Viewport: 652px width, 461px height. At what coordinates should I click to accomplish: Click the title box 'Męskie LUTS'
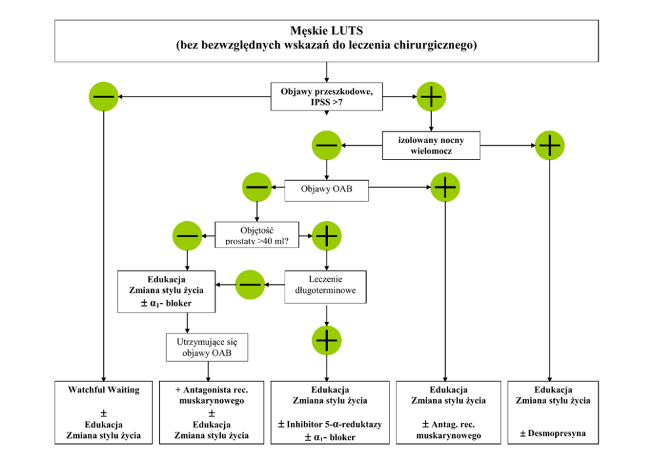(x=326, y=40)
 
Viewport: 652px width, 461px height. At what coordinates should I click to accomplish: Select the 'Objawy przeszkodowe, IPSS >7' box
(x=327, y=97)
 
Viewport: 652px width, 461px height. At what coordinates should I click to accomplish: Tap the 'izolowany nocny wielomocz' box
(x=431, y=145)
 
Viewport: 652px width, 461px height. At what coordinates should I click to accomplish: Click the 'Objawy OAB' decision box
(x=326, y=190)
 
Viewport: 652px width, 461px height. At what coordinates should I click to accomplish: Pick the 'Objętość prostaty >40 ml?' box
(x=257, y=234)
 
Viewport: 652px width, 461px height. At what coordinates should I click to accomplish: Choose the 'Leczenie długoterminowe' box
(x=325, y=287)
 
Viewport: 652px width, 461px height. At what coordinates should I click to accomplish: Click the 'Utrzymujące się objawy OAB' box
(x=208, y=348)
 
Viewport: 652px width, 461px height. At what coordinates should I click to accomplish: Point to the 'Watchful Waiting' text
(x=104, y=390)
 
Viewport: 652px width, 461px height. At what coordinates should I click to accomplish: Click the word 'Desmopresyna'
(x=553, y=433)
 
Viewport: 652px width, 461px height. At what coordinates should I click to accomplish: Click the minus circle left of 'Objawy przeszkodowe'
(x=104, y=97)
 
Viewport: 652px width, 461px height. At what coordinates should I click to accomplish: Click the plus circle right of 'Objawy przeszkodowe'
(x=431, y=97)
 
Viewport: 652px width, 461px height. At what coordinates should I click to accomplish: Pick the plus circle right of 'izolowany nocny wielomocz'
(x=549, y=145)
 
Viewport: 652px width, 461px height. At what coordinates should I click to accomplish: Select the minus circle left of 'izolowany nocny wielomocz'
(x=327, y=145)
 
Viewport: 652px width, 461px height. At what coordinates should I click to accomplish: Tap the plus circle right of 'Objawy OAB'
(x=445, y=188)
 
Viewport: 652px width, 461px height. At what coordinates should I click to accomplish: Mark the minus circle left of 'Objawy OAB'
(x=257, y=188)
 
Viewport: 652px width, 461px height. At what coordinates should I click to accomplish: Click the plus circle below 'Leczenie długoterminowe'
(x=327, y=339)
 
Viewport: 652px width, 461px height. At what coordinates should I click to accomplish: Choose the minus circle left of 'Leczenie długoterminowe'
(x=250, y=284)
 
